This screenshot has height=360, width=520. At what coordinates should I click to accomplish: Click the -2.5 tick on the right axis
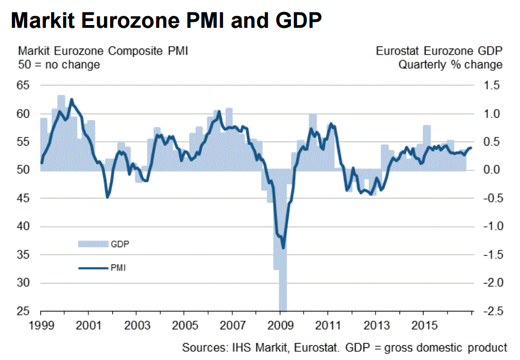click(488, 312)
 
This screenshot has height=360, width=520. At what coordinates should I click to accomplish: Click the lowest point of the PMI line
click(283, 248)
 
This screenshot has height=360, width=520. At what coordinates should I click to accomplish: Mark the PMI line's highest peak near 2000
click(71, 99)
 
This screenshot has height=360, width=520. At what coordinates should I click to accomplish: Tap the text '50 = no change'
click(59, 64)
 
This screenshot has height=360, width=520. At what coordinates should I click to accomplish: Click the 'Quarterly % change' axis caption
click(450, 64)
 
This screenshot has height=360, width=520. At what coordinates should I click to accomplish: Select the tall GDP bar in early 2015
click(427, 147)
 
